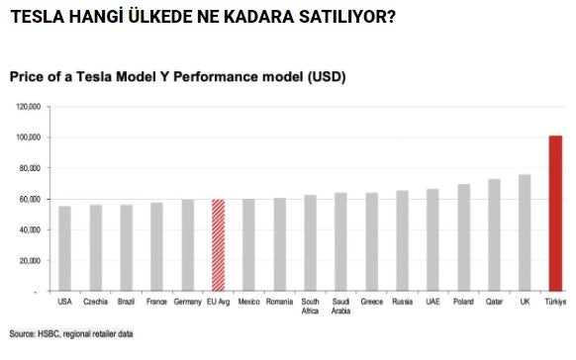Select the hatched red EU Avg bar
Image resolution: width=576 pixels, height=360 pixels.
pos(219,245)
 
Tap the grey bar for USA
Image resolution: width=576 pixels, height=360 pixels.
pos(65,248)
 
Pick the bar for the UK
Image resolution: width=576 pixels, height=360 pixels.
pos(524,232)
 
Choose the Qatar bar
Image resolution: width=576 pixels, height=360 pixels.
pos(494,234)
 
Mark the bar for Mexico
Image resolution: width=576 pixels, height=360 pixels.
pos(248,245)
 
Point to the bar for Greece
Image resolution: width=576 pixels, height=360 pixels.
pos(371,241)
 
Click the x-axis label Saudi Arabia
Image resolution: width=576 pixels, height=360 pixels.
pos(340,306)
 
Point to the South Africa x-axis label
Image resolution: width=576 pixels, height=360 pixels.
pos(310,306)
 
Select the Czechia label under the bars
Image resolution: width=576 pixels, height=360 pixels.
pos(96,301)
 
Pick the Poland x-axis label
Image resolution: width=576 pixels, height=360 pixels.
pos(463,301)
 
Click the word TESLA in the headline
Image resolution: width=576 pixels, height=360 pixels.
pos(35,17)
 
